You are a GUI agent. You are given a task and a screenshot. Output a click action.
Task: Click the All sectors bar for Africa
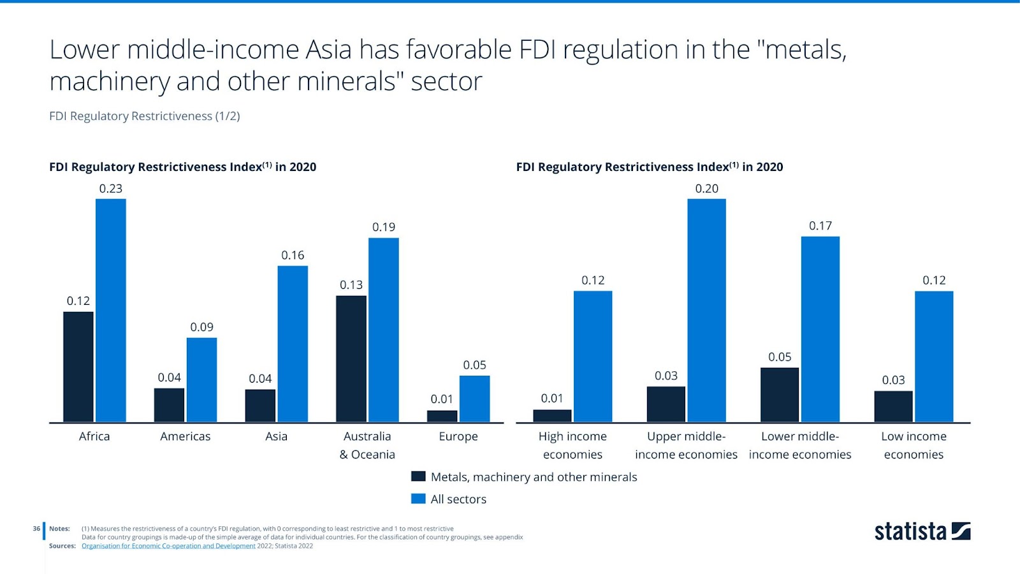111,310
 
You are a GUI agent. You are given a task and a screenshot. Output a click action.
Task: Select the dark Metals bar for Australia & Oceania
351,358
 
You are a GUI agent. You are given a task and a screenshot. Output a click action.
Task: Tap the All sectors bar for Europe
474,399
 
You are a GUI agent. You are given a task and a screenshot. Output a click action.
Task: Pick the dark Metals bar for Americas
169,405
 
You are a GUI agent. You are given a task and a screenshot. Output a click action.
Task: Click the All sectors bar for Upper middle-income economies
706,310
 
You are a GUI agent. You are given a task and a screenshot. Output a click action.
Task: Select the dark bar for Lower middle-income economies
779,394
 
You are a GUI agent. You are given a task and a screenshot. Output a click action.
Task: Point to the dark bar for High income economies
552,416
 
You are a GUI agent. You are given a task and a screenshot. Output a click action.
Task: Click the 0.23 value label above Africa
111,189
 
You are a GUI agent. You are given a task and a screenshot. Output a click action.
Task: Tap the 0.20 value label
706,189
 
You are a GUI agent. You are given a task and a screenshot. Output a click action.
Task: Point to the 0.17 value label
820,226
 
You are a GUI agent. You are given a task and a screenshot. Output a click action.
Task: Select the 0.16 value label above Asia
293,255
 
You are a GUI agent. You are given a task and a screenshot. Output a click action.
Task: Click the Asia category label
276,436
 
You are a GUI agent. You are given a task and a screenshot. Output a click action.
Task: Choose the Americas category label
185,436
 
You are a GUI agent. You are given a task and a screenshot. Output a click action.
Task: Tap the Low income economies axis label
914,445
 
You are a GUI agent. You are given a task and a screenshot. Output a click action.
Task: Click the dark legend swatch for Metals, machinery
418,476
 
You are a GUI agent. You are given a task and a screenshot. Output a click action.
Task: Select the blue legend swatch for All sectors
418,499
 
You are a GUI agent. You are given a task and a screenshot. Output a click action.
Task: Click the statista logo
922,531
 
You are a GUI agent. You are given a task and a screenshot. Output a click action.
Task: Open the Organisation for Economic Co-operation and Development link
168,546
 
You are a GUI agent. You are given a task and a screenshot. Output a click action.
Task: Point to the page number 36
36,529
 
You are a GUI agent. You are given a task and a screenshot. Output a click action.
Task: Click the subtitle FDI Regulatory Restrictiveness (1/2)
145,116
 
